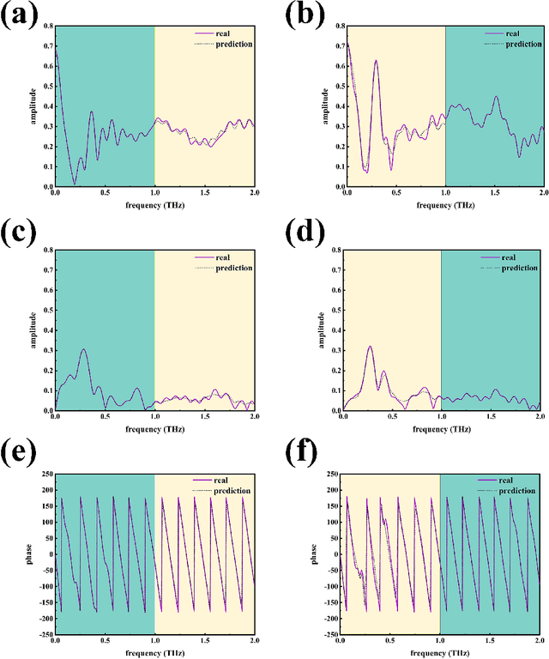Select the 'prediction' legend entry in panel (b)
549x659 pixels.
pyautogui.click(x=523, y=43)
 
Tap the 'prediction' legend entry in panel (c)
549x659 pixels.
pyautogui.click(x=235, y=268)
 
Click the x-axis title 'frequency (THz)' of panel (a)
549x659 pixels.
pyautogui.click(x=154, y=207)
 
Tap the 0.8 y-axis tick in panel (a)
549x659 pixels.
pyautogui.click(x=46, y=26)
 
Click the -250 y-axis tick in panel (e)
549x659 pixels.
pyautogui.click(x=42, y=634)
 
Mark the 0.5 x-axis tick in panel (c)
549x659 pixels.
pyautogui.click(x=105, y=417)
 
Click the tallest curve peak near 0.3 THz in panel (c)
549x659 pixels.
pyautogui.click(x=83, y=349)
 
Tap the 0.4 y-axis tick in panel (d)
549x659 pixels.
pyautogui.click(x=334, y=330)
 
